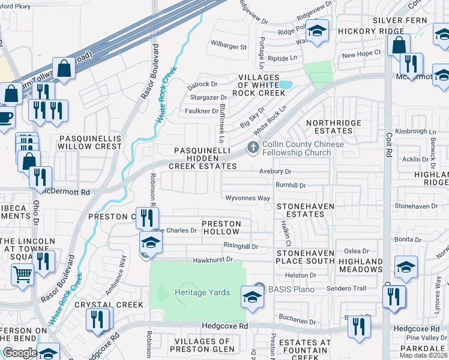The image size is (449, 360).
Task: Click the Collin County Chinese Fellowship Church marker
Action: click(253, 147)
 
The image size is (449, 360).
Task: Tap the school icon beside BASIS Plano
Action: click(252, 296)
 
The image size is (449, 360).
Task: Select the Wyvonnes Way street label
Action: click(247, 198)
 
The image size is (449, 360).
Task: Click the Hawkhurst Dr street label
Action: click(212, 260)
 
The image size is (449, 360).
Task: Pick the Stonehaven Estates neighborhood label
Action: click(305, 210)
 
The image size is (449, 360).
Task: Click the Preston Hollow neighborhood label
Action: click(221, 227)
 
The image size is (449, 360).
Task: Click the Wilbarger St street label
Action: click(228, 46)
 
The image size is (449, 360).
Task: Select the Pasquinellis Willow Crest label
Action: click(90, 142)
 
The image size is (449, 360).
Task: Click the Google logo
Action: click(20, 353)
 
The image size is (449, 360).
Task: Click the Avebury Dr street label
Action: click(275, 172)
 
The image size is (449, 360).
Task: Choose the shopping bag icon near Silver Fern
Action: click(399, 45)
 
